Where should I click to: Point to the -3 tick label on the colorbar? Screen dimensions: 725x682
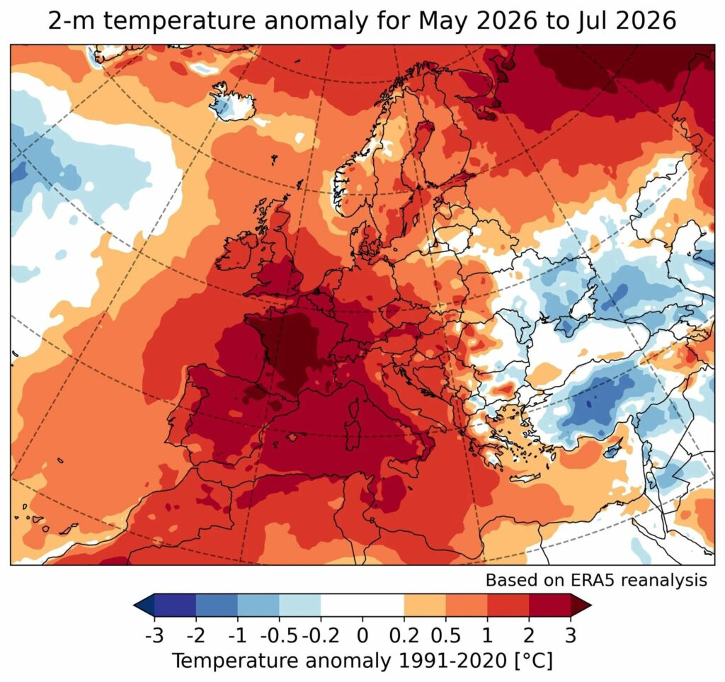[154, 636]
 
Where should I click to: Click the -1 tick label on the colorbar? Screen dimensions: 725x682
[238, 636]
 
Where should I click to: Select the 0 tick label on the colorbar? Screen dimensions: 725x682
[362, 636]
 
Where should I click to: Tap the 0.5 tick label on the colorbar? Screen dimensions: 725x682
[446, 636]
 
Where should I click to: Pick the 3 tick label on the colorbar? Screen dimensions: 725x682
[571, 636]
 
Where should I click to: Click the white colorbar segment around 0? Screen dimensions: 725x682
[362, 606]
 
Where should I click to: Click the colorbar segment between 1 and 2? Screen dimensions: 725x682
[508, 606]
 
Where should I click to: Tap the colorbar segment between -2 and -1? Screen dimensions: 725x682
[217, 606]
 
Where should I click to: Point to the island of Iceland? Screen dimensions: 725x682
[232, 102]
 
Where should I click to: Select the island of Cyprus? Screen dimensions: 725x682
[614, 450]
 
